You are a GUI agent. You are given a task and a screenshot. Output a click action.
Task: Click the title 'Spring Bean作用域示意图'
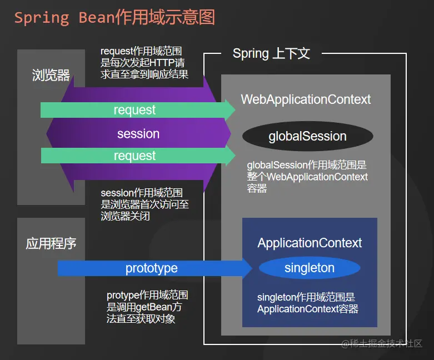[114, 17]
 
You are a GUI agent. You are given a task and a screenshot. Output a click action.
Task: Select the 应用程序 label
[51, 243]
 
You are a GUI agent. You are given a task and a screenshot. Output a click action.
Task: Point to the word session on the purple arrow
[138, 134]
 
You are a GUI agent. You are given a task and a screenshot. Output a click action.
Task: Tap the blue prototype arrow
[152, 268]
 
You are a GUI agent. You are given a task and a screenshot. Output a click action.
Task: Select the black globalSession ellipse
[307, 137]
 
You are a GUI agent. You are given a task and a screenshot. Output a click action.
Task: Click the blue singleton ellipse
[310, 268]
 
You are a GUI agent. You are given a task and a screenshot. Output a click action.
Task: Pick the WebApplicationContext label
[306, 99]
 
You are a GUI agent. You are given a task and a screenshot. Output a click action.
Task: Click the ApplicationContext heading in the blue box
[310, 243]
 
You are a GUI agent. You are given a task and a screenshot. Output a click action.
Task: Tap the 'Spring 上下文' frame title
[271, 54]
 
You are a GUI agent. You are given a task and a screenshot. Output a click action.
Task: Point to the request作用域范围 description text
[144, 63]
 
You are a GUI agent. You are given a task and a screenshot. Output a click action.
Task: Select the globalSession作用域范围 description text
[307, 177]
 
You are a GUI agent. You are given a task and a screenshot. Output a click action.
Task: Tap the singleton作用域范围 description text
[307, 303]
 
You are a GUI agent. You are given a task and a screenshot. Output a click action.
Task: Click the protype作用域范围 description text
[147, 307]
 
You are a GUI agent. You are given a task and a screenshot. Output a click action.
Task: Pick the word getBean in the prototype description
[161, 307]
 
